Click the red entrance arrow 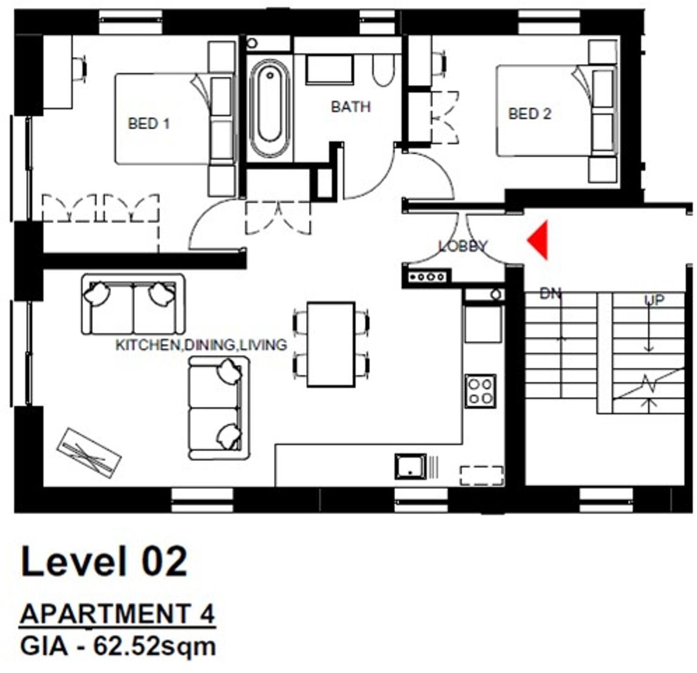(x=539, y=240)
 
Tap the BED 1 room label (x=148, y=124)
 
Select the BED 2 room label (x=529, y=114)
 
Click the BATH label (x=351, y=107)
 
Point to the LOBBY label (x=463, y=246)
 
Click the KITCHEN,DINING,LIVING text (x=201, y=345)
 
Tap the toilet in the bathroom (x=383, y=71)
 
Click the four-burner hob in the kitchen (x=481, y=391)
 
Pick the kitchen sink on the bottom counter (x=410, y=466)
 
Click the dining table (x=331, y=344)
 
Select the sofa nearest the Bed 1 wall (x=133, y=304)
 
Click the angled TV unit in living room (x=89, y=453)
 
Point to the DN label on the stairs (x=550, y=294)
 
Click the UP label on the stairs (x=654, y=300)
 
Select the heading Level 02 (x=104, y=561)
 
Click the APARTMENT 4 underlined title (x=117, y=613)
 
